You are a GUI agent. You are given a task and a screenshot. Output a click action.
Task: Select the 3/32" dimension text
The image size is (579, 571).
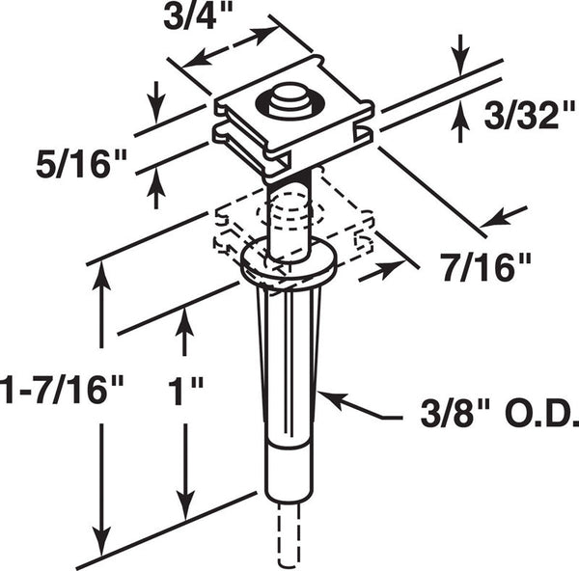click(530, 115)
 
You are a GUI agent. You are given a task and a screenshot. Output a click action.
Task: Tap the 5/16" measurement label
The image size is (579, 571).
click(82, 163)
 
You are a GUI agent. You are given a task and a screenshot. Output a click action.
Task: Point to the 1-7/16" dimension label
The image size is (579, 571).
click(62, 390)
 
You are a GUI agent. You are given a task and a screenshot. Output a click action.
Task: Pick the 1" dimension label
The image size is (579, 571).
click(185, 391)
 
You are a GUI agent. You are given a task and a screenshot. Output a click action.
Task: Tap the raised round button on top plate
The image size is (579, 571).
click(289, 100)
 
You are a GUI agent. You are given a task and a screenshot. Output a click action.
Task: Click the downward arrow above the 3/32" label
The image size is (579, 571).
click(459, 55)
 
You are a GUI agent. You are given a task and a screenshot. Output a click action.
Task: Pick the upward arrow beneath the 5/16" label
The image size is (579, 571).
click(155, 188)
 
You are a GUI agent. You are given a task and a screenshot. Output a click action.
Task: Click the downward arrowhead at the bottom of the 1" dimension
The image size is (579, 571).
click(185, 505)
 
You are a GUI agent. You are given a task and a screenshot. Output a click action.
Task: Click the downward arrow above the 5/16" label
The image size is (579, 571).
click(155, 102)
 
